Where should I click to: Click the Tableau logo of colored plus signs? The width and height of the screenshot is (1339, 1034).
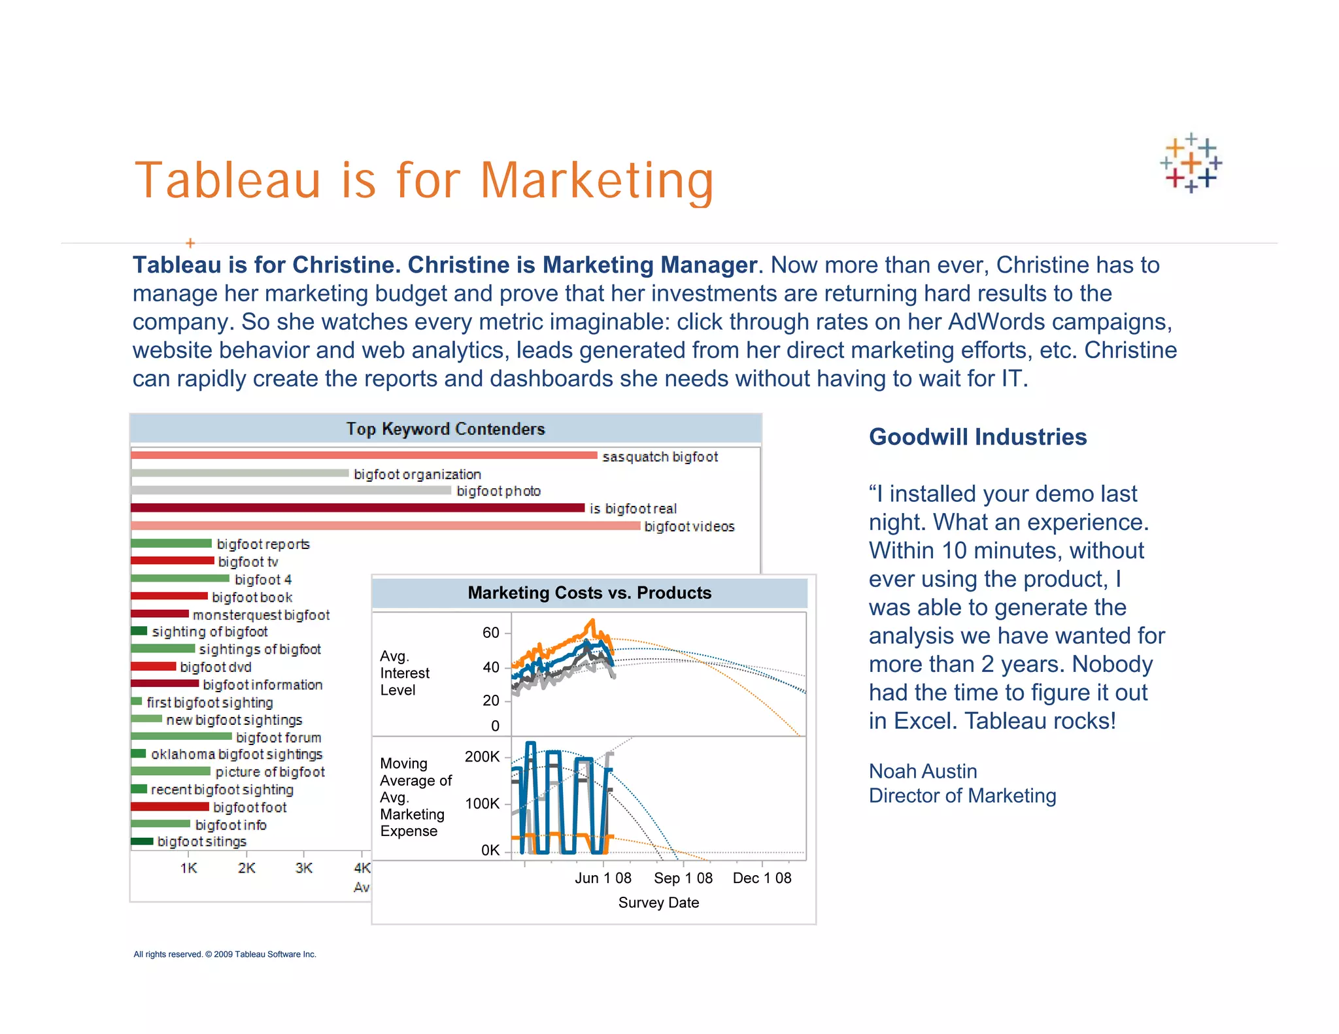pyautogui.click(x=1191, y=163)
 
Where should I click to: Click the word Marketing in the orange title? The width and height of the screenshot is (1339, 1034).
pyautogui.click(x=596, y=181)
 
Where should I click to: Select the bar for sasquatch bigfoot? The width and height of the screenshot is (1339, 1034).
pyautogui.click(x=364, y=455)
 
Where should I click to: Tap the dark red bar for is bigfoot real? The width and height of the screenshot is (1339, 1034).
pyautogui.click(x=357, y=508)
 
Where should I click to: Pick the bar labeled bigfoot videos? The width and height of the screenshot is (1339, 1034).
pyautogui.click(x=385, y=525)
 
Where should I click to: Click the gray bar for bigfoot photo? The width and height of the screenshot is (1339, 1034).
pyautogui.click(x=291, y=490)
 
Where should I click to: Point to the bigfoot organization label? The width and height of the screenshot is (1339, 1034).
pyautogui.click(x=417, y=474)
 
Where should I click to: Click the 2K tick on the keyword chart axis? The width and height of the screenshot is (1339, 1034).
pyautogui.click(x=246, y=868)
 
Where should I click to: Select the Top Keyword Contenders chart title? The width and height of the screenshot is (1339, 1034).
pyautogui.click(x=445, y=429)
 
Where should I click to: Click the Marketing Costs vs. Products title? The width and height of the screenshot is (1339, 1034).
pyautogui.click(x=589, y=593)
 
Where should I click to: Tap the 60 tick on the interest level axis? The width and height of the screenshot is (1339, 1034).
pyautogui.click(x=491, y=633)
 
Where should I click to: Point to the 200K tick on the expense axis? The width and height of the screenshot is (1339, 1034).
pyautogui.click(x=482, y=757)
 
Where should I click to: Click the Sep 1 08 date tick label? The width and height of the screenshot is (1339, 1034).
pyautogui.click(x=683, y=878)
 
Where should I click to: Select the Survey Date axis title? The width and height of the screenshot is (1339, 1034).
pyautogui.click(x=658, y=903)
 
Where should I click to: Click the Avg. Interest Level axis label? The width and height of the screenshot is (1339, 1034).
pyautogui.click(x=405, y=673)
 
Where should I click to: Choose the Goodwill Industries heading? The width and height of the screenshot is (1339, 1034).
pyautogui.click(x=977, y=437)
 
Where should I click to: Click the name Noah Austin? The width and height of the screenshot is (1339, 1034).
pyautogui.click(x=923, y=771)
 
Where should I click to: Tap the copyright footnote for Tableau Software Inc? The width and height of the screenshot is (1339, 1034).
pyautogui.click(x=225, y=954)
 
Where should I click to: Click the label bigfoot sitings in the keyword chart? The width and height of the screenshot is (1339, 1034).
pyautogui.click(x=202, y=842)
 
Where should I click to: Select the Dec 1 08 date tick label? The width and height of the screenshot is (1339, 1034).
pyautogui.click(x=762, y=878)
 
